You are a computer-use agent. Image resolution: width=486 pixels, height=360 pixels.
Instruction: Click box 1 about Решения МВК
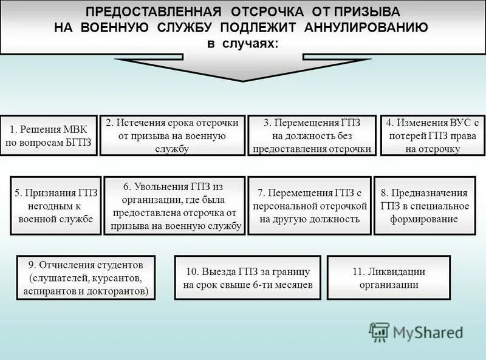point(49,135)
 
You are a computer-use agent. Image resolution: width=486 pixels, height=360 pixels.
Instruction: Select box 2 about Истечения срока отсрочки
point(172,135)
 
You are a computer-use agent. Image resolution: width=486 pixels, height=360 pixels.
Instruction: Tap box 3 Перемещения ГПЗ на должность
point(312,135)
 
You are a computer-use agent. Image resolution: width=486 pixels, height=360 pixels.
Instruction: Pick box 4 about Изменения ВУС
point(433,135)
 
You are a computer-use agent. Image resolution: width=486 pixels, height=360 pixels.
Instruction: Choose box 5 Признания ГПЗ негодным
point(56,206)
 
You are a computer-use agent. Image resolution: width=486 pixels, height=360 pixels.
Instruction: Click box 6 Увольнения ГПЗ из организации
point(175,206)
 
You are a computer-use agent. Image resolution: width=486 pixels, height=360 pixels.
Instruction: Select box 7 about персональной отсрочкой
point(310,206)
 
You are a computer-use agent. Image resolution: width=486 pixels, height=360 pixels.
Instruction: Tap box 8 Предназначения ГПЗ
point(425,206)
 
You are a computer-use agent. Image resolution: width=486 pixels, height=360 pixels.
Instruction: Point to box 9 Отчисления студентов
point(86,278)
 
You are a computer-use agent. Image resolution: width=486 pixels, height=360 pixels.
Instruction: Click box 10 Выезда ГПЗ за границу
point(248,278)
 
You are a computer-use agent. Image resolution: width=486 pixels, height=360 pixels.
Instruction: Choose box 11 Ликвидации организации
point(389,278)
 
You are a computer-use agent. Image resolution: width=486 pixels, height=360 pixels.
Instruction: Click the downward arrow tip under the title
point(243,78)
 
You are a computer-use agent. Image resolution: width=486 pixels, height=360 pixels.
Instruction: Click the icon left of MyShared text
point(379,331)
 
